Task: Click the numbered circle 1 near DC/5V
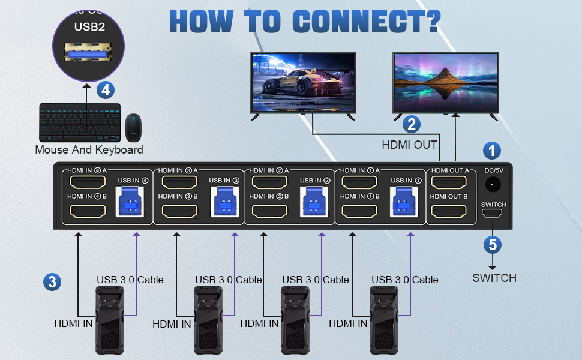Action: click(492, 150)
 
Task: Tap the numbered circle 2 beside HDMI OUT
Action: click(411, 124)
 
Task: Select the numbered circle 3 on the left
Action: click(52, 281)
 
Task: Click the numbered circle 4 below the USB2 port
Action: click(106, 90)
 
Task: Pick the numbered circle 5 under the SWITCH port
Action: click(492, 245)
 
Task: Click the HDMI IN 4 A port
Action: click(88, 182)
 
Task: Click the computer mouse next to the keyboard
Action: click(133, 125)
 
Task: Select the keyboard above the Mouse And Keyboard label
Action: click(79, 122)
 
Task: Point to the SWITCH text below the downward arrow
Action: click(494, 278)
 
